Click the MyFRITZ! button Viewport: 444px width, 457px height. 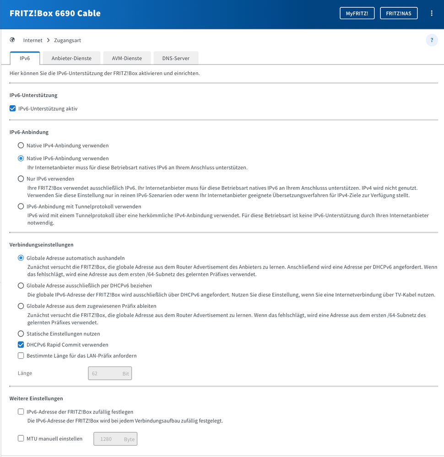[x=360, y=13]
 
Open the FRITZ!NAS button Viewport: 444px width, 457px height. [x=398, y=13]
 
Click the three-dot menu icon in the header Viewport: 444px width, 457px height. [x=431, y=13]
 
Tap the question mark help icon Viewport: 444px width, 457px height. [x=432, y=40]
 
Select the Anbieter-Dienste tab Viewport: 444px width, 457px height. [x=71, y=58]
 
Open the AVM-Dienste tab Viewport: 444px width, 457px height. [x=127, y=58]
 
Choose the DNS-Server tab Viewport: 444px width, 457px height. [x=175, y=58]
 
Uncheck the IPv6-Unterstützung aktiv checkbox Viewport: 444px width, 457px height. [x=13, y=109]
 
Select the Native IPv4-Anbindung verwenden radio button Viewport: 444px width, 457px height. [x=21, y=145]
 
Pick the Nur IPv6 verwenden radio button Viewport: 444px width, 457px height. [x=21, y=179]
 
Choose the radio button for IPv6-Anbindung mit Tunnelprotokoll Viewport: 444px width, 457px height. [x=21, y=207]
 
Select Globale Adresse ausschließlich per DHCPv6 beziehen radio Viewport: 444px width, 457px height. [x=21, y=285]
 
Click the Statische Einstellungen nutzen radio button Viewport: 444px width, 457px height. [x=21, y=334]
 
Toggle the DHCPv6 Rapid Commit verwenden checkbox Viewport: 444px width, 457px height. [x=21, y=344]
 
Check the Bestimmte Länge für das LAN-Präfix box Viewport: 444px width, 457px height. [x=21, y=355]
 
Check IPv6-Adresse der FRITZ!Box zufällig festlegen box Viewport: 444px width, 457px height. [x=21, y=412]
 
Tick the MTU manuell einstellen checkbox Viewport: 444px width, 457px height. [x=21, y=438]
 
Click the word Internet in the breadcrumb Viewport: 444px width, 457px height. [x=32, y=40]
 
